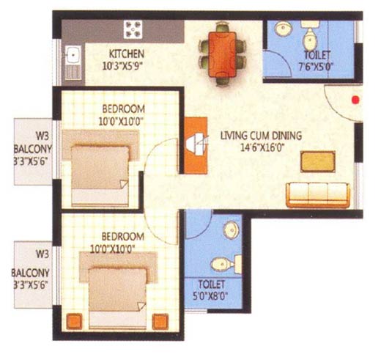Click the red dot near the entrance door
[355, 100]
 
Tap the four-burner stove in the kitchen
[133, 29]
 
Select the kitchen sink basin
[73, 55]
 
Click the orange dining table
[223, 54]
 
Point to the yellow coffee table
[318, 161]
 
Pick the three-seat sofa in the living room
[318, 195]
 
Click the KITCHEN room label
[127, 54]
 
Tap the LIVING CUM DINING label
[261, 136]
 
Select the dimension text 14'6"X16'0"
[263, 147]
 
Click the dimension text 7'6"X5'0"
[317, 67]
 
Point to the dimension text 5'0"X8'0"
[210, 296]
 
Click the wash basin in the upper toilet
[283, 29]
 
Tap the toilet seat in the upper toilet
[310, 36]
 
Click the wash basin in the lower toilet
[232, 230]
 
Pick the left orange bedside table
[74, 321]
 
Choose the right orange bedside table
[160, 321]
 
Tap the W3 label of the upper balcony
[42, 136]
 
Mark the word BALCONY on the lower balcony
[31, 273]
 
